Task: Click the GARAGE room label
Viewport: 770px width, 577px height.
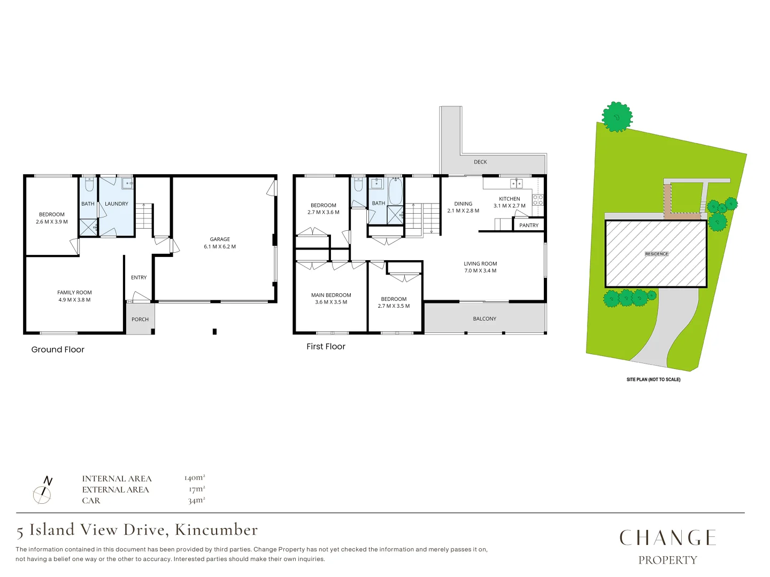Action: click(220, 239)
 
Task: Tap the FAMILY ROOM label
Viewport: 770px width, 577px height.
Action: click(74, 293)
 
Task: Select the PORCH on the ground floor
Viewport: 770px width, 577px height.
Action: click(140, 319)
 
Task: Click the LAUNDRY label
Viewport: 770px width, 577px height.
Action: click(117, 204)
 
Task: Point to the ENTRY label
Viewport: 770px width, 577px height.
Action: click(138, 278)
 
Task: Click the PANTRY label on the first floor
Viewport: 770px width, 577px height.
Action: click(529, 225)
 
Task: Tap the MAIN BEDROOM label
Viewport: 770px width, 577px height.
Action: click(331, 295)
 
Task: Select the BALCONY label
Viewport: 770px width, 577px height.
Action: click(484, 319)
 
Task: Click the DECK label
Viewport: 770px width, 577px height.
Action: click(480, 162)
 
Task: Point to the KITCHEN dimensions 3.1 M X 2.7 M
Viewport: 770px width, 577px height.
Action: click(509, 206)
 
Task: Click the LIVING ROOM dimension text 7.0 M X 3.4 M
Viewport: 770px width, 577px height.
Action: click(480, 271)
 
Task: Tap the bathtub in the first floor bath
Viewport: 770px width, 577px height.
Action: click(395, 191)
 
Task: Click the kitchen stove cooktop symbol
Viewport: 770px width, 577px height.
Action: click(538, 200)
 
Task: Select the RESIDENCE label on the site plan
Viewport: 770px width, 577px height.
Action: click(656, 254)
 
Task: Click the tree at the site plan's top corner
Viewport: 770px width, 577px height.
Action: click(617, 116)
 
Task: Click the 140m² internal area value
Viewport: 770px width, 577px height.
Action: click(195, 478)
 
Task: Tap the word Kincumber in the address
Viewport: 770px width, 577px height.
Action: click(217, 530)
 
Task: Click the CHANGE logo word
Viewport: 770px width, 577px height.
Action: click(667, 538)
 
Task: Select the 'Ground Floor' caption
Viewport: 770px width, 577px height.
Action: click(58, 349)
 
